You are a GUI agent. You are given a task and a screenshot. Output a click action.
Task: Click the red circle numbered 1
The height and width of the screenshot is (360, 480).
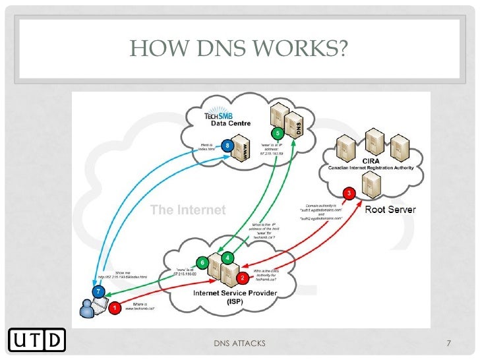pyautogui.click(x=115, y=307)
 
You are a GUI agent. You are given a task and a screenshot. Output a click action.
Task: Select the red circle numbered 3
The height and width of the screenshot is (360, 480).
pyautogui.click(x=349, y=193)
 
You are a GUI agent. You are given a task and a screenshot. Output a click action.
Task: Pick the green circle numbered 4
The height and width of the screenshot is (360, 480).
pyautogui.click(x=227, y=256)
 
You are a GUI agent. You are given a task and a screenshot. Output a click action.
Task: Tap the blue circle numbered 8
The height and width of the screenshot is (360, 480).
pyautogui.click(x=227, y=144)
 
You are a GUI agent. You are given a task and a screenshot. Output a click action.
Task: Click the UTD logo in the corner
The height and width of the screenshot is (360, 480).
pyautogui.click(x=38, y=340)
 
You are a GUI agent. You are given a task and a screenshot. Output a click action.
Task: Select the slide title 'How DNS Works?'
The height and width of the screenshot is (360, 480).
pyautogui.click(x=240, y=48)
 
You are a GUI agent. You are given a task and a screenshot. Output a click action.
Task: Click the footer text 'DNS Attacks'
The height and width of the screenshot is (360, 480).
pyautogui.click(x=240, y=343)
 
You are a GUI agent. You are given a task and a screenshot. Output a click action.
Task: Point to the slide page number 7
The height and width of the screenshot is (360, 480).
pyautogui.click(x=448, y=343)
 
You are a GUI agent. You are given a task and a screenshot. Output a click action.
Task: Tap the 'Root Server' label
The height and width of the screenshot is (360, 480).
pyautogui.click(x=390, y=210)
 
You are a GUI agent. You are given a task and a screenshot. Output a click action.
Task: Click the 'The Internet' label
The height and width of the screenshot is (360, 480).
pyautogui.click(x=188, y=210)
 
